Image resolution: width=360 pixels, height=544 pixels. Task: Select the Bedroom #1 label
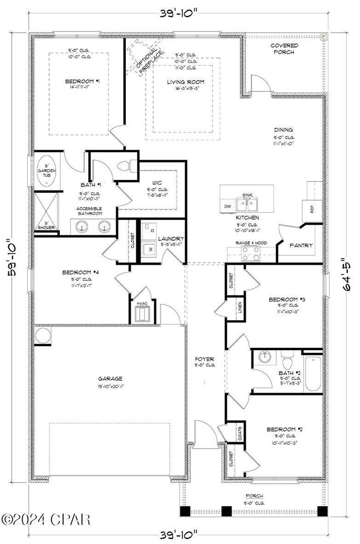[x=82, y=81]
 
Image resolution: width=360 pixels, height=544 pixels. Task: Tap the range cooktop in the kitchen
[x=251, y=253]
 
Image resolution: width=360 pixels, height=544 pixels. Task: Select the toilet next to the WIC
[x=128, y=166]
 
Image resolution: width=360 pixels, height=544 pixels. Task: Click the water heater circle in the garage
[x=43, y=335]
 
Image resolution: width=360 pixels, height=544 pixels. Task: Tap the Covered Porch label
[x=284, y=49]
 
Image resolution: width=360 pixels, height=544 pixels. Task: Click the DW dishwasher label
[x=227, y=206]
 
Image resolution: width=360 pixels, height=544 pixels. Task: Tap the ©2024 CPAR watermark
[x=45, y=520]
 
